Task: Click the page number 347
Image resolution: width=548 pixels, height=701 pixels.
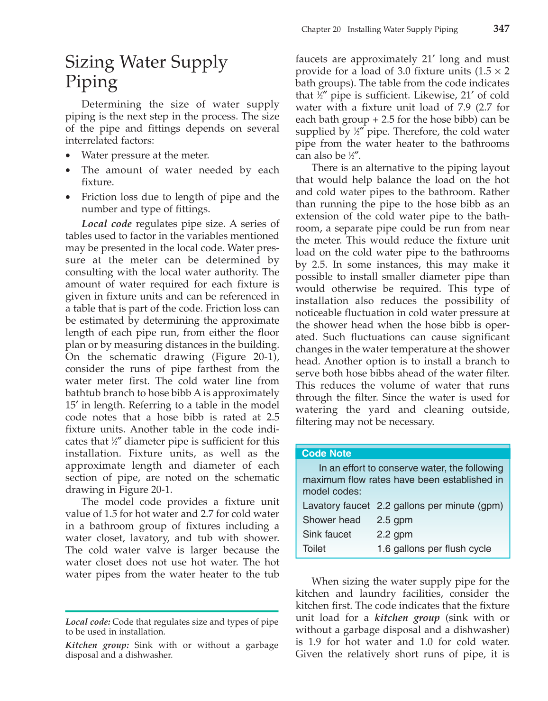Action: click(x=501, y=28)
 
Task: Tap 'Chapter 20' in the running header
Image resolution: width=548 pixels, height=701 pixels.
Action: click(x=321, y=29)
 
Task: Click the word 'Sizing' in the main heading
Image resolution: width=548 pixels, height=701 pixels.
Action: click(x=90, y=62)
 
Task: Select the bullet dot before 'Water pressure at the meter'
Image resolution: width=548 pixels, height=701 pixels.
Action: click(x=69, y=156)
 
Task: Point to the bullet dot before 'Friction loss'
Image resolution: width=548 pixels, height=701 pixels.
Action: click(x=69, y=197)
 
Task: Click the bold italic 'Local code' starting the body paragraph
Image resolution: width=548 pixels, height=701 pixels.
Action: click(x=107, y=224)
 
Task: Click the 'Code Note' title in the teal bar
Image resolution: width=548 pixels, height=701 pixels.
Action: click(x=326, y=453)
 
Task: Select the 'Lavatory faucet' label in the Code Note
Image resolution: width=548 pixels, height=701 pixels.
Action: click(x=336, y=506)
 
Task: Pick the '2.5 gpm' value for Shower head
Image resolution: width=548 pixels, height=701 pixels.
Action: click(x=394, y=520)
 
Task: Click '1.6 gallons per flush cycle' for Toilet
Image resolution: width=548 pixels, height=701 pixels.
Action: click(x=434, y=548)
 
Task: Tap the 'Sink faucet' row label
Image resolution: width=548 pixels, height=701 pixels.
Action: click(x=327, y=534)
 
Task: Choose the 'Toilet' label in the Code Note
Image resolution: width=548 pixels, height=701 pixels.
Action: click(x=314, y=548)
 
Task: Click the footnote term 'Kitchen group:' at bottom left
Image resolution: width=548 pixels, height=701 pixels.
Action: click(x=97, y=645)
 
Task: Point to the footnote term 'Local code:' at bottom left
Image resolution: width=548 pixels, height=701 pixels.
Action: click(x=88, y=622)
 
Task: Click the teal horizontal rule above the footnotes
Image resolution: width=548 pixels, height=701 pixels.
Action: click(x=172, y=611)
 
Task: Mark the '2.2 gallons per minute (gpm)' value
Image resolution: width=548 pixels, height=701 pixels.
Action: click(x=439, y=506)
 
